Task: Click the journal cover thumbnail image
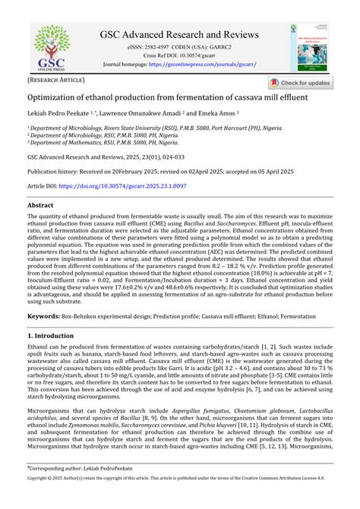tap(308, 46)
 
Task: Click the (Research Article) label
tap(56, 79)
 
